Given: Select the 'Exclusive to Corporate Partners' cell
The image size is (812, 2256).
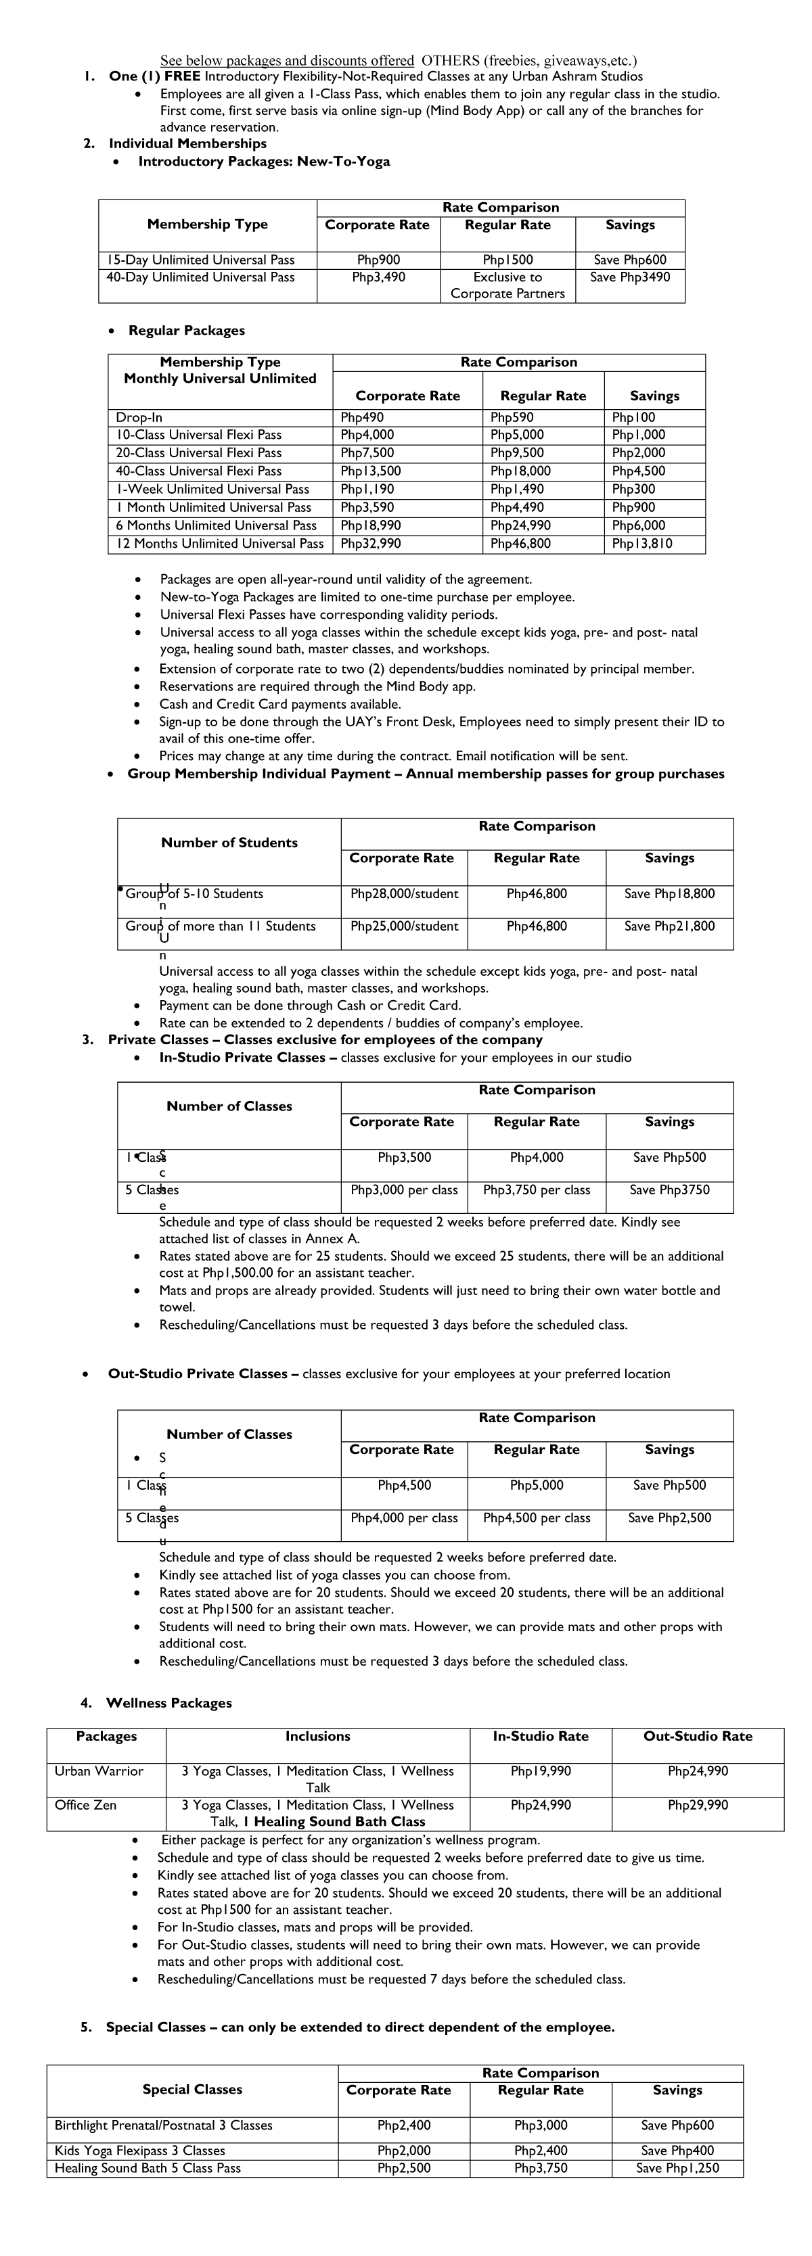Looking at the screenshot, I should pyautogui.click(x=507, y=285).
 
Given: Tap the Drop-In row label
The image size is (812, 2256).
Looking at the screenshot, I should pyautogui.click(x=139, y=418).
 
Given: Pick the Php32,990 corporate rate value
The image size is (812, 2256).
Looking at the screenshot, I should pyautogui.click(x=371, y=544).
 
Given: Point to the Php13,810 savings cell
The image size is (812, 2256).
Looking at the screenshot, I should pyautogui.click(x=642, y=544).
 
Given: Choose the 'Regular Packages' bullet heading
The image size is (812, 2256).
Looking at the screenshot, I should pyautogui.click(x=187, y=330).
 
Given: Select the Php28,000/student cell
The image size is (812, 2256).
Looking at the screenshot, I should pyautogui.click(x=404, y=894).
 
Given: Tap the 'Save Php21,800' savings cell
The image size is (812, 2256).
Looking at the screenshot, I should pyautogui.click(x=669, y=926).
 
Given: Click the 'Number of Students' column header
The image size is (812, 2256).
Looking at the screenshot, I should pyautogui.click(x=229, y=843).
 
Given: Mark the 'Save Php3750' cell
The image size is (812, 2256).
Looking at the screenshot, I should pyautogui.click(x=669, y=1190).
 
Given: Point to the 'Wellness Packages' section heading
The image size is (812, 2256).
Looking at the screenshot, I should pyautogui.click(x=169, y=1703).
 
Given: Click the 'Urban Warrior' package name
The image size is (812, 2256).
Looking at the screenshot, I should pyautogui.click(x=99, y=1771).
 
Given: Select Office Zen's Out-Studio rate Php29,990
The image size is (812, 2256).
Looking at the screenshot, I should pyautogui.click(x=697, y=1805).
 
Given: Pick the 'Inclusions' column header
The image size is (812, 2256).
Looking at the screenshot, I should pyautogui.click(x=317, y=1736).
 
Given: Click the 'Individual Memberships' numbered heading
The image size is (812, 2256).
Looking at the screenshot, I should pyautogui.click(x=187, y=143).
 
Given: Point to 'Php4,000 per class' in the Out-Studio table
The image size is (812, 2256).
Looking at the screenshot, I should pyautogui.click(x=404, y=1518).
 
